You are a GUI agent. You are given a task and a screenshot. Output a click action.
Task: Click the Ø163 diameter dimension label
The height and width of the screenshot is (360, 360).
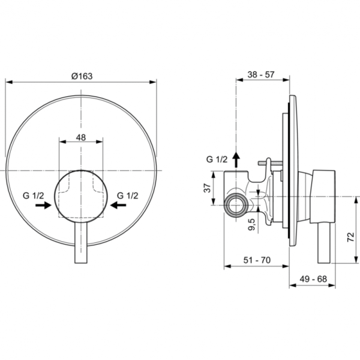pos(81,76)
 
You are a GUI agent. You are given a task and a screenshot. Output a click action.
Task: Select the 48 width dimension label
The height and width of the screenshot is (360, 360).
pos(81,137)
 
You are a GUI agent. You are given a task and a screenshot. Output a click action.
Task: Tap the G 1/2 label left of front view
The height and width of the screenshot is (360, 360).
pos(34,196)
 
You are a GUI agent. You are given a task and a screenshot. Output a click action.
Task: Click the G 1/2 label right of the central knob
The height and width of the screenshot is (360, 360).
pos(128,196)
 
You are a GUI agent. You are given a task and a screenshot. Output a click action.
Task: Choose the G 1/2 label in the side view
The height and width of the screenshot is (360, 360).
pos(217,159)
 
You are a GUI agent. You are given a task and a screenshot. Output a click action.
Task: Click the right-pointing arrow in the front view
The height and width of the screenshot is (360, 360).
pos(43,205)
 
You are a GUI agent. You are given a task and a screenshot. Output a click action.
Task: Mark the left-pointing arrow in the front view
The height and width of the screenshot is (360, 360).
pos(118,205)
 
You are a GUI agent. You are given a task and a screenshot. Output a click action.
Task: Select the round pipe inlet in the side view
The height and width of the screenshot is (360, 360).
pos(236,206)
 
